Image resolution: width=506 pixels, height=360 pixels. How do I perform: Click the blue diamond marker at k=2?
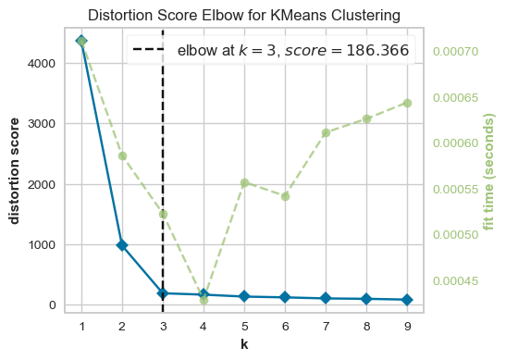(122, 245)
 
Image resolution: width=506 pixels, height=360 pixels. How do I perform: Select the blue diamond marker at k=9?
(407, 300)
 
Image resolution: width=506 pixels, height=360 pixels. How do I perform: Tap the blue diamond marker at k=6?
(285, 297)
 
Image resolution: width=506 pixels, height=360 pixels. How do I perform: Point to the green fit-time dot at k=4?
(204, 301)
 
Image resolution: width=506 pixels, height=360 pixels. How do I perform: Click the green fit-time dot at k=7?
(326, 132)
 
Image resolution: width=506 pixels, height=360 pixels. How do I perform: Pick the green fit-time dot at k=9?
(407, 104)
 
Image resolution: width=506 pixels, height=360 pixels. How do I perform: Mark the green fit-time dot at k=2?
(122, 156)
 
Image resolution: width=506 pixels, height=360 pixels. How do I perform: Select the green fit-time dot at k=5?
(244, 182)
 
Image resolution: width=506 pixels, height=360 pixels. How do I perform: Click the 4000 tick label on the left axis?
(42, 63)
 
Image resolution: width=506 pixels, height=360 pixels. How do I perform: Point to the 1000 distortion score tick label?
(42, 244)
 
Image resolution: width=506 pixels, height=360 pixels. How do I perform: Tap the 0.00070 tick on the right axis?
(456, 51)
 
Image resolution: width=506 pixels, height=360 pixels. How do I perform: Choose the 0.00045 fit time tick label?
(456, 281)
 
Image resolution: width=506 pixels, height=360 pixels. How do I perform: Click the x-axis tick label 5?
(244, 327)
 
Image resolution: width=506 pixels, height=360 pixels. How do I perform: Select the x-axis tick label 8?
(366, 327)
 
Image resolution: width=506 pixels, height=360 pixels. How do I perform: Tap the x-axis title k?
(244, 344)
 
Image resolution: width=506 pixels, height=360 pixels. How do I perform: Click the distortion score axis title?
(14, 171)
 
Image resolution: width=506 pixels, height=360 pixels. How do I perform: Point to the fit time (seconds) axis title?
(489, 172)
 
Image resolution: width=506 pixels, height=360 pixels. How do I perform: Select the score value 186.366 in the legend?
(377, 50)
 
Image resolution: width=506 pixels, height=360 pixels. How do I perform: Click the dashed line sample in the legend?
(148, 49)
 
